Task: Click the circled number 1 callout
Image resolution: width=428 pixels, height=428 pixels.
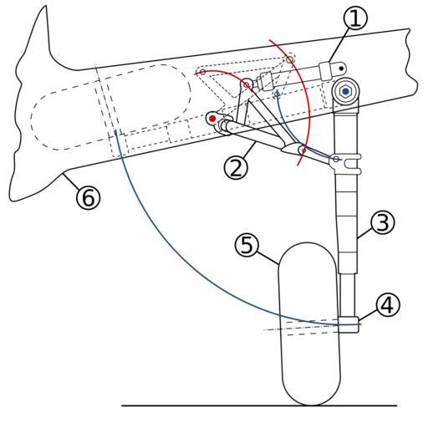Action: click(x=355, y=18)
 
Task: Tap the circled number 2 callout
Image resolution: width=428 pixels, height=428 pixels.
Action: click(x=236, y=167)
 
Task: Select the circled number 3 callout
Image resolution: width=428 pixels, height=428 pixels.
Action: click(x=383, y=222)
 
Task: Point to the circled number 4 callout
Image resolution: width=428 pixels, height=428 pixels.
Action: click(x=388, y=305)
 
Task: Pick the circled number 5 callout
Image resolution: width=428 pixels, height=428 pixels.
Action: click(x=247, y=246)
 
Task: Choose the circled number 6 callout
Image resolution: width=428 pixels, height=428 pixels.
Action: click(x=88, y=197)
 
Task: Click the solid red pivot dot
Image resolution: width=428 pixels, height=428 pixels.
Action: click(x=212, y=119)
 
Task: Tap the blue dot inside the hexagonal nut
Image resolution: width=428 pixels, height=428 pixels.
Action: click(x=346, y=91)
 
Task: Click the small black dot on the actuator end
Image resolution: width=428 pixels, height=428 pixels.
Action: click(x=341, y=68)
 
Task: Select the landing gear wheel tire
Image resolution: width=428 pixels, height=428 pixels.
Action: click(x=309, y=324)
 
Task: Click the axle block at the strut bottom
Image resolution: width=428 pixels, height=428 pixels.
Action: click(x=348, y=324)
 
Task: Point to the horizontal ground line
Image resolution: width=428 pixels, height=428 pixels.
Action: click(x=259, y=405)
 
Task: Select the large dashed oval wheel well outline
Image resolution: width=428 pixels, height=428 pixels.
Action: click(x=111, y=107)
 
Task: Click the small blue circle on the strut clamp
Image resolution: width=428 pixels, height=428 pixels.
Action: click(x=336, y=159)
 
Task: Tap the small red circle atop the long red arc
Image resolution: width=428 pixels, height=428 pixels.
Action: click(x=290, y=59)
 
